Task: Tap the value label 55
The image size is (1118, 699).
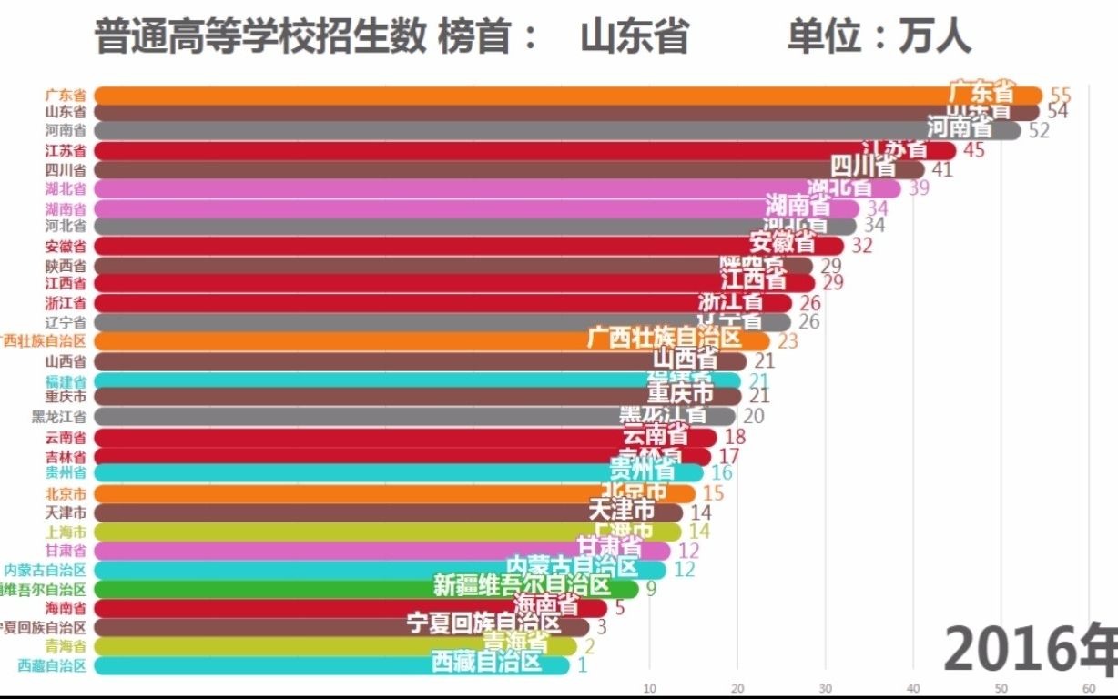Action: click(1060, 95)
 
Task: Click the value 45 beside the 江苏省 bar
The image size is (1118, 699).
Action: click(973, 150)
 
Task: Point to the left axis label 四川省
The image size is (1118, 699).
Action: click(66, 170)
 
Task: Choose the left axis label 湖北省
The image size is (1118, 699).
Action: click(66, 189)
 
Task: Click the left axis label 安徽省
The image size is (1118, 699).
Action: click(66, 246)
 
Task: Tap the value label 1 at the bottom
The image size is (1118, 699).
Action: click(582, 665)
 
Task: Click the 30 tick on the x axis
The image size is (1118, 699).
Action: click(826, 687)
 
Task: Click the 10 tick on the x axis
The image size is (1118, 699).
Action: click(649, 687)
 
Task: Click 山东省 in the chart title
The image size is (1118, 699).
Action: click(635, 37)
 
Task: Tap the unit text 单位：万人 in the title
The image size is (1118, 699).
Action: click(879, 37)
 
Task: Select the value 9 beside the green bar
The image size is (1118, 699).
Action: click(651, 589)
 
